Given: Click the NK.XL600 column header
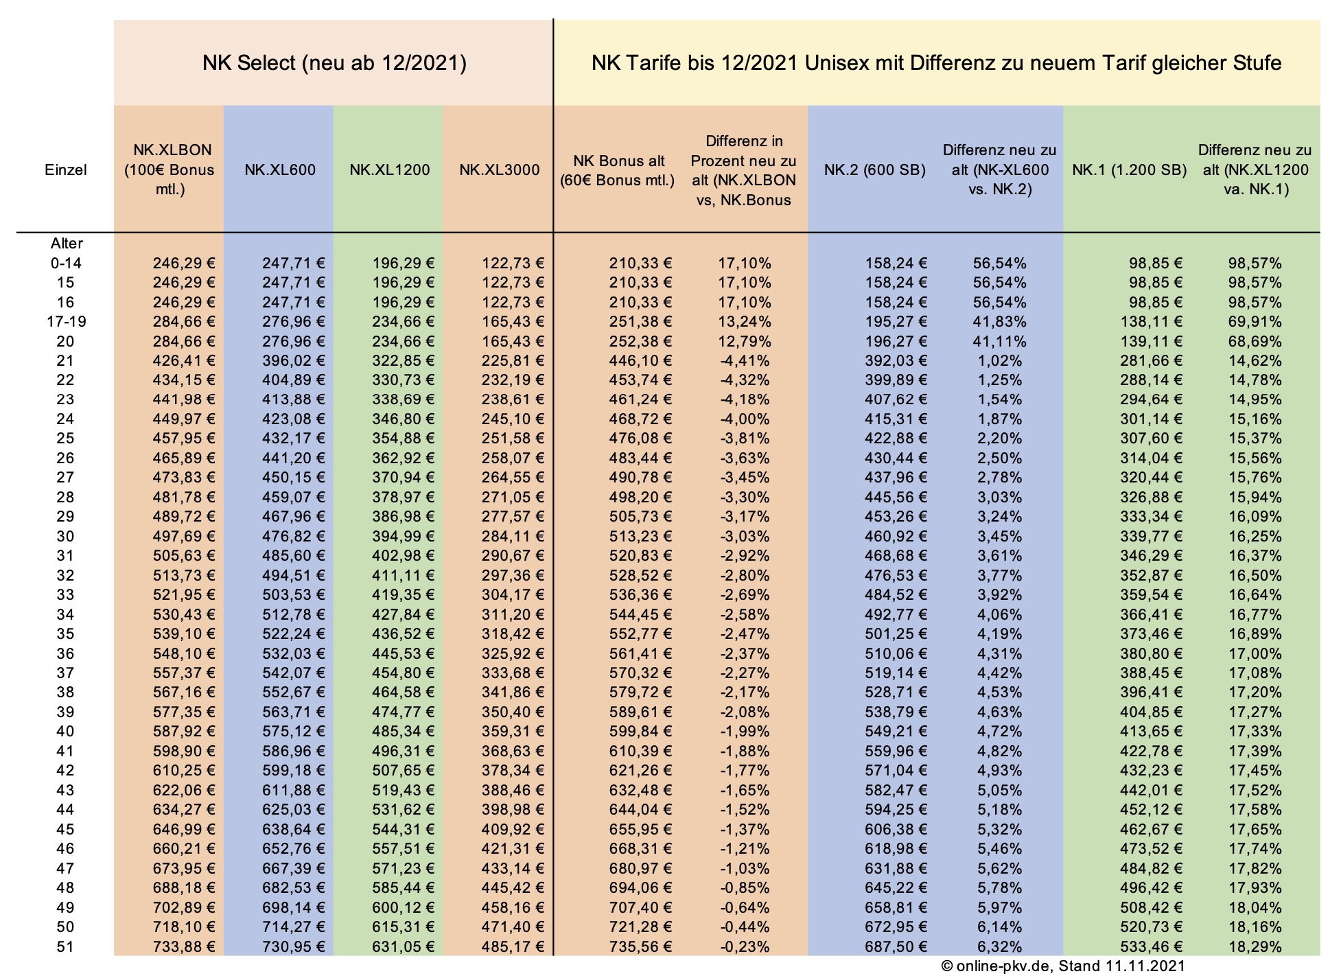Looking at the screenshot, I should [280, 170].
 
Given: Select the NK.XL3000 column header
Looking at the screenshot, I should [499, 170].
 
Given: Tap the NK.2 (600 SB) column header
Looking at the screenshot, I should [874, 170].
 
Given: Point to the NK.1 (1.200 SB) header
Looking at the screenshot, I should [1129, 170].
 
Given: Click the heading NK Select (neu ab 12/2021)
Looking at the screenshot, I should [334, 63].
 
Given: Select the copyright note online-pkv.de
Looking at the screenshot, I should [1062, 966].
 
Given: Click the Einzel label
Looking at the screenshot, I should [66, 170].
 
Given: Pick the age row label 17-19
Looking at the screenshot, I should [66, 322].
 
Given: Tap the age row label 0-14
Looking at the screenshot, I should [66, 263].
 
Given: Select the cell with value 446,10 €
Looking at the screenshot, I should [640, 361].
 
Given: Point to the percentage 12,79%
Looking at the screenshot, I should [744, 341].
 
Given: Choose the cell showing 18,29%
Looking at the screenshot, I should [1255, 946].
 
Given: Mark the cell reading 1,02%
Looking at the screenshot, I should [999, 361].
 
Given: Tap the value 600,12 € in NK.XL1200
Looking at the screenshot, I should [404, 907].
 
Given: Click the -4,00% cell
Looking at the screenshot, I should [744, 419].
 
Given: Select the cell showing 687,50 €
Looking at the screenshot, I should [896, 946].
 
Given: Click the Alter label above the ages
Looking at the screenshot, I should [66, 244].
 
